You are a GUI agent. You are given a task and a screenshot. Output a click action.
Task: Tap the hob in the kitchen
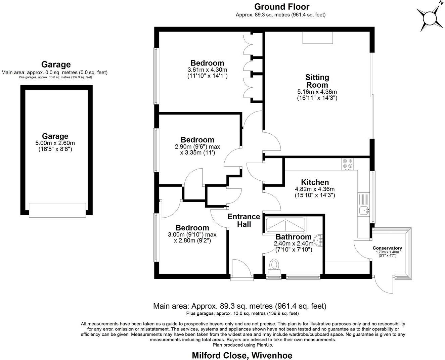tap(347, 164)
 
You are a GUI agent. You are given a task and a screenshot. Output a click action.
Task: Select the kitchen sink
tap(364, 211)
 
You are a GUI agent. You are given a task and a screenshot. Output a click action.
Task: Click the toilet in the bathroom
tap(274, 266)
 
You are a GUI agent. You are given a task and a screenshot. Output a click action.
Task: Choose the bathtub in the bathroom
tap(285, 224)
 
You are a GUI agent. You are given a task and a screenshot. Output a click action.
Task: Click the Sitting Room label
tap(317, 81)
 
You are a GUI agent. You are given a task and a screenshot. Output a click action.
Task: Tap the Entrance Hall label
tap(244, 220)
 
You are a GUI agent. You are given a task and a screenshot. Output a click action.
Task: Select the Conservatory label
tap(387, 248)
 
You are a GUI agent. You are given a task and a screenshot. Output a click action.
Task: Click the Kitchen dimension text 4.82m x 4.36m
tap(315, 189)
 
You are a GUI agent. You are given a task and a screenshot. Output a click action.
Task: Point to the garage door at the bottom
tap(57, 210)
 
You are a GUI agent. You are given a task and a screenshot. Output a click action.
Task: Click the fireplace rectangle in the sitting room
tap(318, 38)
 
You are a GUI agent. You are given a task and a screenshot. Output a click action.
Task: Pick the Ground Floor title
tap(281, 7)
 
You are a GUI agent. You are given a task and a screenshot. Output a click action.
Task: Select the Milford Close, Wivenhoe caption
tap(242, 355)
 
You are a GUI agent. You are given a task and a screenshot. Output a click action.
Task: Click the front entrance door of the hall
tap(241, 269)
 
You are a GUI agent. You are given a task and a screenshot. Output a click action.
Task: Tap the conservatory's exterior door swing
tap(384, 285)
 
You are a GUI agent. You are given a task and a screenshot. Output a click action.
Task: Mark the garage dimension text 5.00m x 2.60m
tap(55, 143)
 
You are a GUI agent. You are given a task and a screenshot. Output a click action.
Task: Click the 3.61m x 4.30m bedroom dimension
tap(207, 70)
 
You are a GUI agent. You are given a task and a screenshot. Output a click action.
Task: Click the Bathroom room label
tap(293, 237)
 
